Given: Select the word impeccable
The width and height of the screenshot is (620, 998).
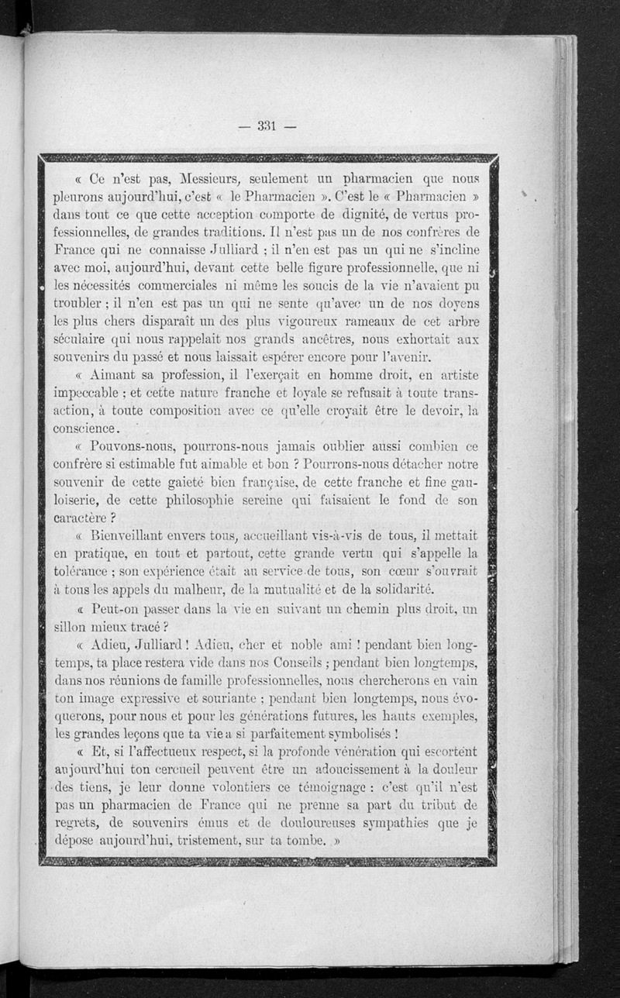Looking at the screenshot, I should tap(88, 393).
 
